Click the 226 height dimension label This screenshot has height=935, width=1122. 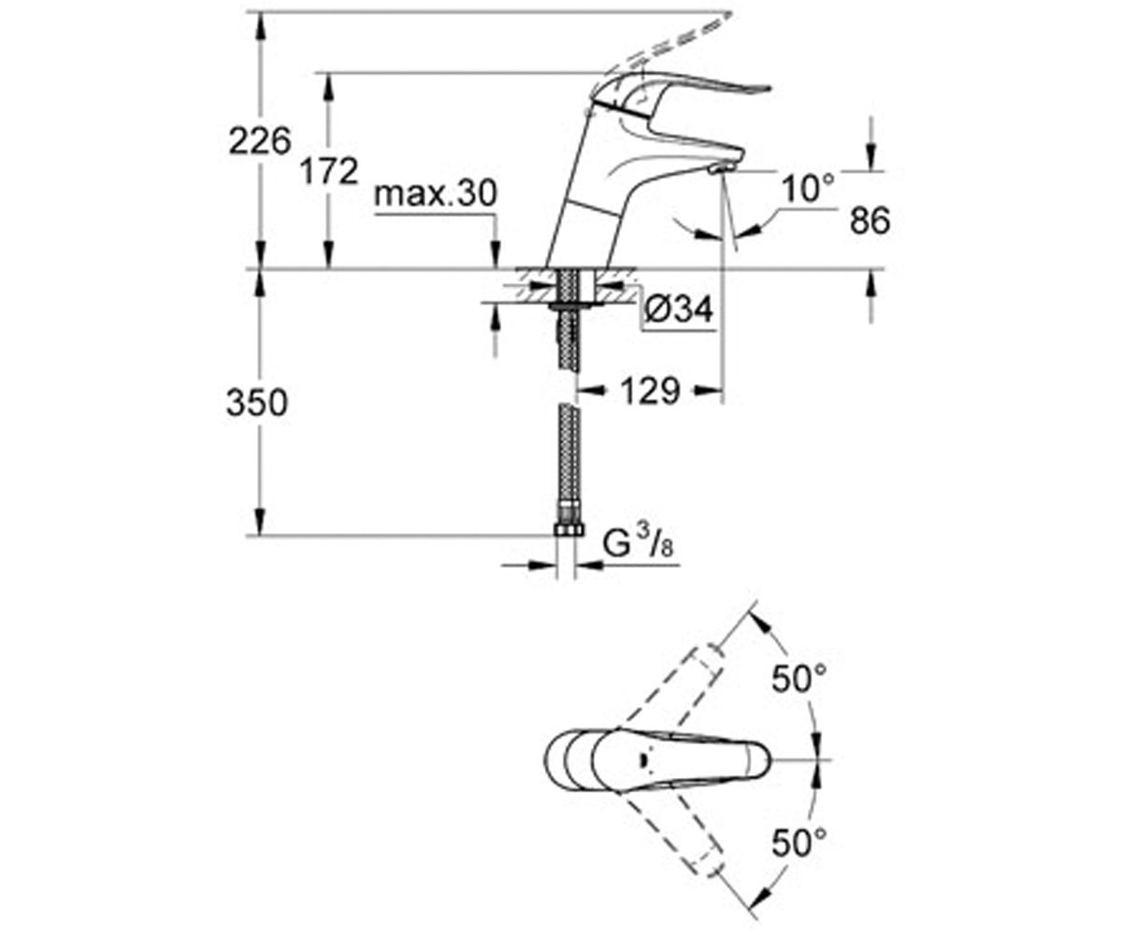(x=260, y=142)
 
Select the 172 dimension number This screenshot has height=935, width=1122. (x=328, y=171)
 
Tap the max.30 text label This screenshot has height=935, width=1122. (x=435, y=195)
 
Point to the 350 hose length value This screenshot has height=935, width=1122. (x=257, y=404)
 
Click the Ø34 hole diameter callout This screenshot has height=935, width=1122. (x=680, y=308)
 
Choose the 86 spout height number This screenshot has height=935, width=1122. (x=870, y=221)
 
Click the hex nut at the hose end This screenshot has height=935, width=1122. (x=568, y=530)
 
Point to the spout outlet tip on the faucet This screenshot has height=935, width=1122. (x=716, y=169)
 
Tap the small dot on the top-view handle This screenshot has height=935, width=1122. (x=641, y=759)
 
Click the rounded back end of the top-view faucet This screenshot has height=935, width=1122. (x=554, y=759)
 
